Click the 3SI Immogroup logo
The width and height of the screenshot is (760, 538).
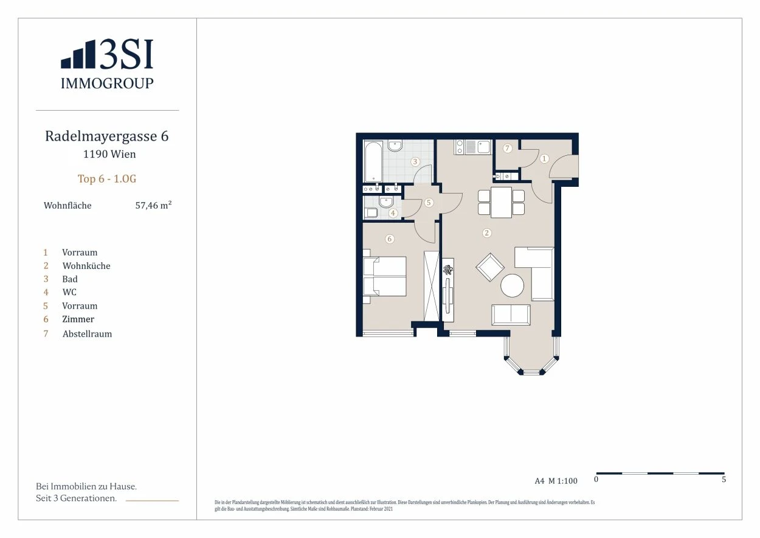tap(107, 64)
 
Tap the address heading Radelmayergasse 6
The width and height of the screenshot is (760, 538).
tap(107, 136)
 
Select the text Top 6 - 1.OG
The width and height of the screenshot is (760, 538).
tap(107, 179)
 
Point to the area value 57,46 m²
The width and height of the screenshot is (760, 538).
tap(153, 205)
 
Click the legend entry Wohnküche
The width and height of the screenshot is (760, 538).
tap(86, 265)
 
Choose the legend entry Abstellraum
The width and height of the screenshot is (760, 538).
tap(87, 334)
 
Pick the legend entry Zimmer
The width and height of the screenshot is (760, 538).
tap(78, 320)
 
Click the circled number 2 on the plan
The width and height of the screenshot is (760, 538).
tap(487, 233)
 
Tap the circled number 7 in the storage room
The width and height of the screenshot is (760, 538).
tap(507, 148)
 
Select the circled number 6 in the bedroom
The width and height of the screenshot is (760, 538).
tap(390, 239)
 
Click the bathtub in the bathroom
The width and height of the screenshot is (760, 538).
tap(373, 162)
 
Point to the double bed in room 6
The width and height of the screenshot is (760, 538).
tap(384, 276)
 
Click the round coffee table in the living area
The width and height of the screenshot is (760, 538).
tap(513, 285)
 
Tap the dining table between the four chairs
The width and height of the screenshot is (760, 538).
tap(501, 203)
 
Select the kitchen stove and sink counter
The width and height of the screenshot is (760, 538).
tap(473, 147)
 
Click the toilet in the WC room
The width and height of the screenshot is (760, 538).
tap(370, 212)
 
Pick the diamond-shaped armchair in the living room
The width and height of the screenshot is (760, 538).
tap(490, 267)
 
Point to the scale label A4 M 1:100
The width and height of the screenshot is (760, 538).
tap(556, 481)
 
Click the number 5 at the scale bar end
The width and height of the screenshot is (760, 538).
tap(724, 480)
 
